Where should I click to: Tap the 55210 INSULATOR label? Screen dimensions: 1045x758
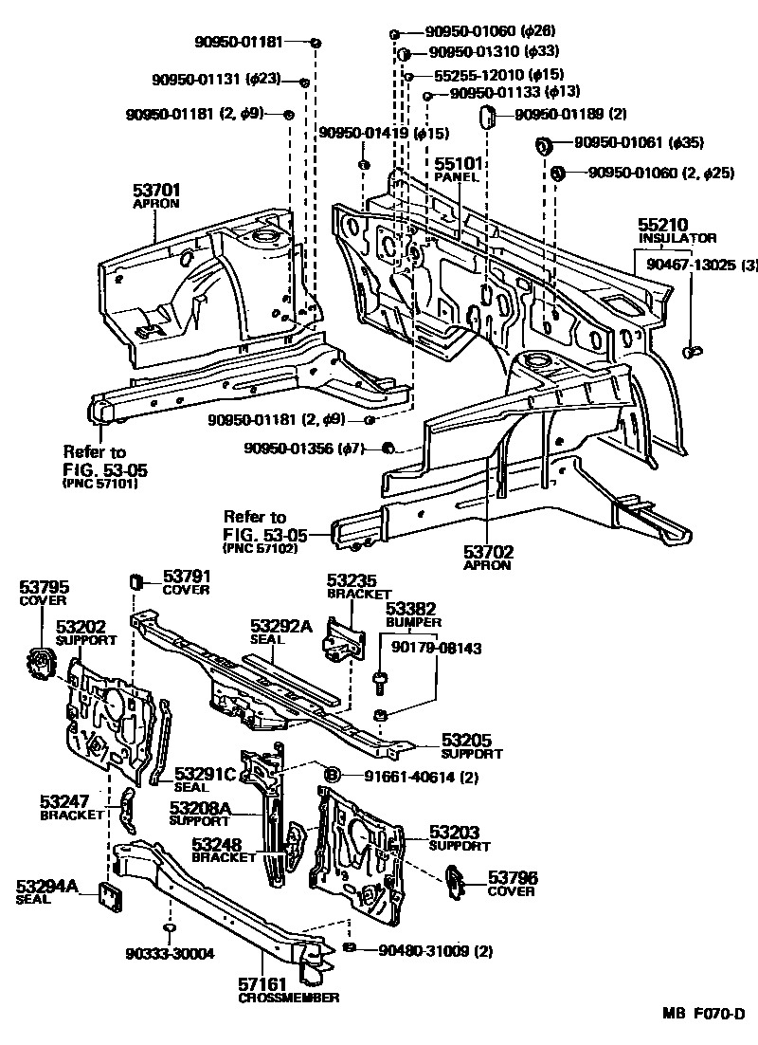point(662,230)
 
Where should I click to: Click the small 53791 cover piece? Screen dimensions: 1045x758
point(135,579)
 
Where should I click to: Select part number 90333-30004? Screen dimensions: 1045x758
point(167,954)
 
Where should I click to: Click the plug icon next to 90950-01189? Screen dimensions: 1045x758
point(488,117)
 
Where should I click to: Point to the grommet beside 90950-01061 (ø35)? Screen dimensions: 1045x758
point(544,145)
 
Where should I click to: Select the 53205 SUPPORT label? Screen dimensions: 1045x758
point(471,747)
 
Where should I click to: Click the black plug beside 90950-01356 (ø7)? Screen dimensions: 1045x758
point(387,448)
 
